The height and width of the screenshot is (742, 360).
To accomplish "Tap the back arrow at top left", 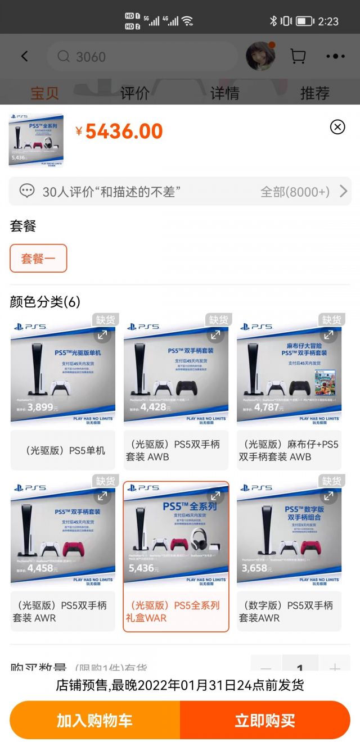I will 24,56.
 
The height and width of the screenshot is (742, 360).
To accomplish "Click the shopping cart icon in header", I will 298,56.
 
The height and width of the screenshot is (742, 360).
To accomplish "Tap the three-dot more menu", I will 335,56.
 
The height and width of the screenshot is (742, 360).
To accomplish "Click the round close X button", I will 337,127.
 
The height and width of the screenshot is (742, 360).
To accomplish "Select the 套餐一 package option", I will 38,259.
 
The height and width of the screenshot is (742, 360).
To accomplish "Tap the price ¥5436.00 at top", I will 119,132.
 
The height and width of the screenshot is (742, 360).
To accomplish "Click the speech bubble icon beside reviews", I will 27,192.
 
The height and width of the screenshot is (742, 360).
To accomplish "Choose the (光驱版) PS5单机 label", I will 63,450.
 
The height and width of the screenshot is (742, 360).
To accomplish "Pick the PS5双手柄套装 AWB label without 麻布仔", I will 176,450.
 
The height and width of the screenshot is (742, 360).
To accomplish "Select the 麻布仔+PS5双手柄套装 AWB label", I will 289,450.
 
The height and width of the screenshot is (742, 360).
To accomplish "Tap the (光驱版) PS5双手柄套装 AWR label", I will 63,612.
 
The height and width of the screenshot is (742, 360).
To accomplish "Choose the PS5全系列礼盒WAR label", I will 176,612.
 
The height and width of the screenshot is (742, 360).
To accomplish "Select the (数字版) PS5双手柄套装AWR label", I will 289,612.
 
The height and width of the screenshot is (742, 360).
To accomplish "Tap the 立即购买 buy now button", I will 265,720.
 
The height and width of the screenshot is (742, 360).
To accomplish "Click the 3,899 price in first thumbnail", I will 40,407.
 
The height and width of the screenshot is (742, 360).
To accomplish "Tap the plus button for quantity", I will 335,668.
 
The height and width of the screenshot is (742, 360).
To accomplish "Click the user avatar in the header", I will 260,56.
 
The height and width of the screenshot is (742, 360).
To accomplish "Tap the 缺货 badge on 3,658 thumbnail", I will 331,481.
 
